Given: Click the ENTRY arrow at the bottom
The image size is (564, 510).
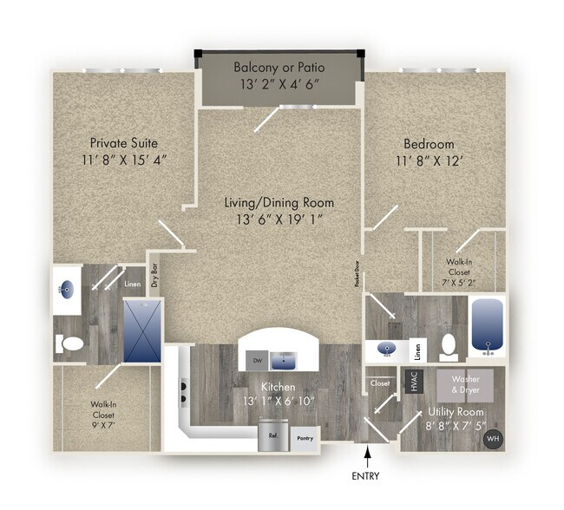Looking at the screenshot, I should coord(369,454).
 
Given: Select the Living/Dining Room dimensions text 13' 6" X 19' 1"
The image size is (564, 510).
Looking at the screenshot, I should coord(279,220).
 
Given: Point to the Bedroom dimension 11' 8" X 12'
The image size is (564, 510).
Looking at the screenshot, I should coord(436,161).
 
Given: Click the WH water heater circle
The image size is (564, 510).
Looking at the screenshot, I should coord(492,438).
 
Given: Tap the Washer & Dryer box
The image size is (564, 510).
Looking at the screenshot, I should coord(470,384).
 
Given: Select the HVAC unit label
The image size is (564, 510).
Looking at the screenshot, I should coord(414,382).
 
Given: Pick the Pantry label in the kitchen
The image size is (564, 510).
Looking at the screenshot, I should coord(305,440).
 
